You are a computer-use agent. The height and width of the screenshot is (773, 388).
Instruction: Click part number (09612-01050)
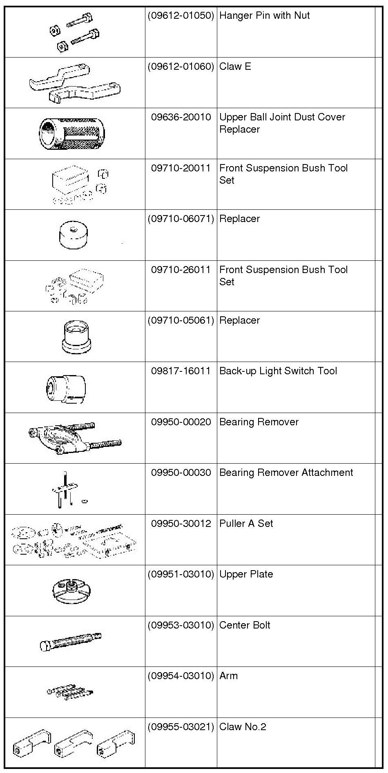181,16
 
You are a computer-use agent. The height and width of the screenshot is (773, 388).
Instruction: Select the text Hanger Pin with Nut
264,16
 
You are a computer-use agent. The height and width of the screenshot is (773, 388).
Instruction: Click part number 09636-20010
181,118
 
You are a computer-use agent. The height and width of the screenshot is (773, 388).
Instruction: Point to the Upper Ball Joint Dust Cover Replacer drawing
72,133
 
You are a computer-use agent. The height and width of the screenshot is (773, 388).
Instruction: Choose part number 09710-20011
181,168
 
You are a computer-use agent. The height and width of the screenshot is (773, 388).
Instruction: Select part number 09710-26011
181,270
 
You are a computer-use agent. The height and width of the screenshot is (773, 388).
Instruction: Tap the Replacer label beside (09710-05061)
239,320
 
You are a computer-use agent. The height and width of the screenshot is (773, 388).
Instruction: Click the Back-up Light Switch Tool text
278,371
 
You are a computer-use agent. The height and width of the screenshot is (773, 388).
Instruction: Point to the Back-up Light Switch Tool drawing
66,388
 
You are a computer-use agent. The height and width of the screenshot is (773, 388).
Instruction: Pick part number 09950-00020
181,422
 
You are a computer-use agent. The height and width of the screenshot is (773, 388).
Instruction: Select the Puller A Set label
246,524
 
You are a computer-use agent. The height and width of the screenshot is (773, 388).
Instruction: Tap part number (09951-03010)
181,574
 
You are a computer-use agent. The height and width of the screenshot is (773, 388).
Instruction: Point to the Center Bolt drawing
70,642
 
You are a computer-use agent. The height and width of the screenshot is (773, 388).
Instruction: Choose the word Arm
228,676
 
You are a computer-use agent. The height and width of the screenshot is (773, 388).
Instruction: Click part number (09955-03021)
181,727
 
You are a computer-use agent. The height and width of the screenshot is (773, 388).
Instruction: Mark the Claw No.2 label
243,727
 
